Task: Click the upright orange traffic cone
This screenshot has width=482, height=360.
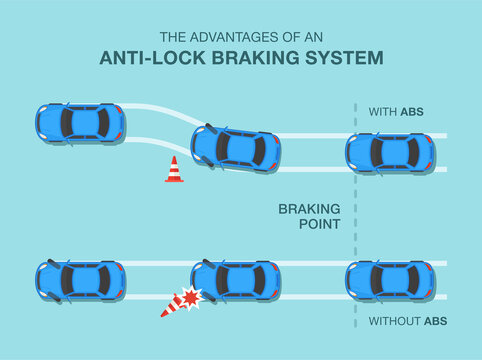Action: point(174,170)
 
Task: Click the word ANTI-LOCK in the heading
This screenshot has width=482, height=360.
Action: point(149,57)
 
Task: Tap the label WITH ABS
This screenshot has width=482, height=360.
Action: point(395,111)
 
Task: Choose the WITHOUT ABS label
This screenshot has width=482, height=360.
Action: point(406,321)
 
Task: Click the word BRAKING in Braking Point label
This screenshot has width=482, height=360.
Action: point(309,209)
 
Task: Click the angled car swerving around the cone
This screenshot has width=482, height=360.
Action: point(236,147)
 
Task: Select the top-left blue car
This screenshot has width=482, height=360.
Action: point(80,122)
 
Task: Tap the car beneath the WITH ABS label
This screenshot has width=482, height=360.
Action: point(390,152)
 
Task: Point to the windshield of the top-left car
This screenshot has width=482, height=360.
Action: point(102,122)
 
